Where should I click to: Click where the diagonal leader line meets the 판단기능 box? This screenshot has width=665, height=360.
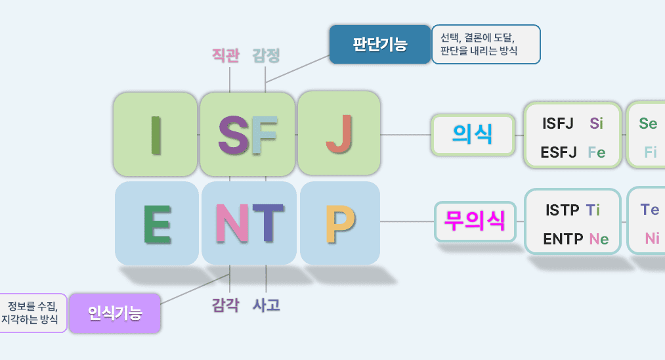click(x=330, y=55)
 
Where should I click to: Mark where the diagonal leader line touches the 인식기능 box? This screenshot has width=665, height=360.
click(x=161, y=304)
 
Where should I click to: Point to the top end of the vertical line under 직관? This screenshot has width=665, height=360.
click(x=230, y=67)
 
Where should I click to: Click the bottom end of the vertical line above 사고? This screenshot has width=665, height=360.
click(x=266, y=292)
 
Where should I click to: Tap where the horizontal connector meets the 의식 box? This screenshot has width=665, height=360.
click(x=431, y=135)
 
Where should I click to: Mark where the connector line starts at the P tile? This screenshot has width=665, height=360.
click(x=380, y=221)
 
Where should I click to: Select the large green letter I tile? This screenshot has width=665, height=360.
click(x=155, y=134)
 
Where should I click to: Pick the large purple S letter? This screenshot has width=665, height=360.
click(x=233, y=135)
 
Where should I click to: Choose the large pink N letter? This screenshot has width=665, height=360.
click(x=232, y=223)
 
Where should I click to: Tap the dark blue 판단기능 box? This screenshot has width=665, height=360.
click(x=380, y=44)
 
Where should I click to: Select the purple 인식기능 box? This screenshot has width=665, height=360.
click(x=114, y=313)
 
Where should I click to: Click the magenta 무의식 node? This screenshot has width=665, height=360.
click(x=475, y=221)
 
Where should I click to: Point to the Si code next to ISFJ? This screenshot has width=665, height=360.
click(x=596, y=124)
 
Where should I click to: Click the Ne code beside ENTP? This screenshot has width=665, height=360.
click(x=599, y=239)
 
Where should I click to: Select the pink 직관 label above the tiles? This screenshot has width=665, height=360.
click(x=226, y=55)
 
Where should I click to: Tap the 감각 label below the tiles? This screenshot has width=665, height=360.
click(x=226, y=305)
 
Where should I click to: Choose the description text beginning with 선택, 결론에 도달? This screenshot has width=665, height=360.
click(x=479, y=44)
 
